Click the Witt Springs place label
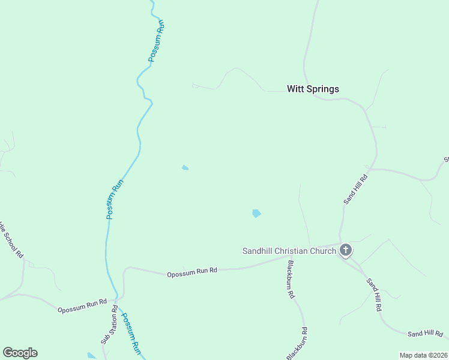coord(313,89)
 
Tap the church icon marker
coord(345,250)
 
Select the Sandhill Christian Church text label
coord(289,251)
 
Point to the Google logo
coord(20,353)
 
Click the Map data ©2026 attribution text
coord(423,355)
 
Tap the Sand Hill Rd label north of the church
coord(355,189)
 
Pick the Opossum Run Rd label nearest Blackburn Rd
coord(192,272)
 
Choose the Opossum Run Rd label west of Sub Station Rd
coord(82,305)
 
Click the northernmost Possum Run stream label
coord(156,42)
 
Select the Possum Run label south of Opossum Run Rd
coord(131,333)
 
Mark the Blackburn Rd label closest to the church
coord(290,280)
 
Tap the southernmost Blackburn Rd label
coord(297,344)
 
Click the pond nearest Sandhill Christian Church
coord(256,213)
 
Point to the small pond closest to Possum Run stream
coord(185,168)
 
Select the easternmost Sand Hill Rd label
coord(425,334)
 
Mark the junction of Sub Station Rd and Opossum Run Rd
coord(116,298)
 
